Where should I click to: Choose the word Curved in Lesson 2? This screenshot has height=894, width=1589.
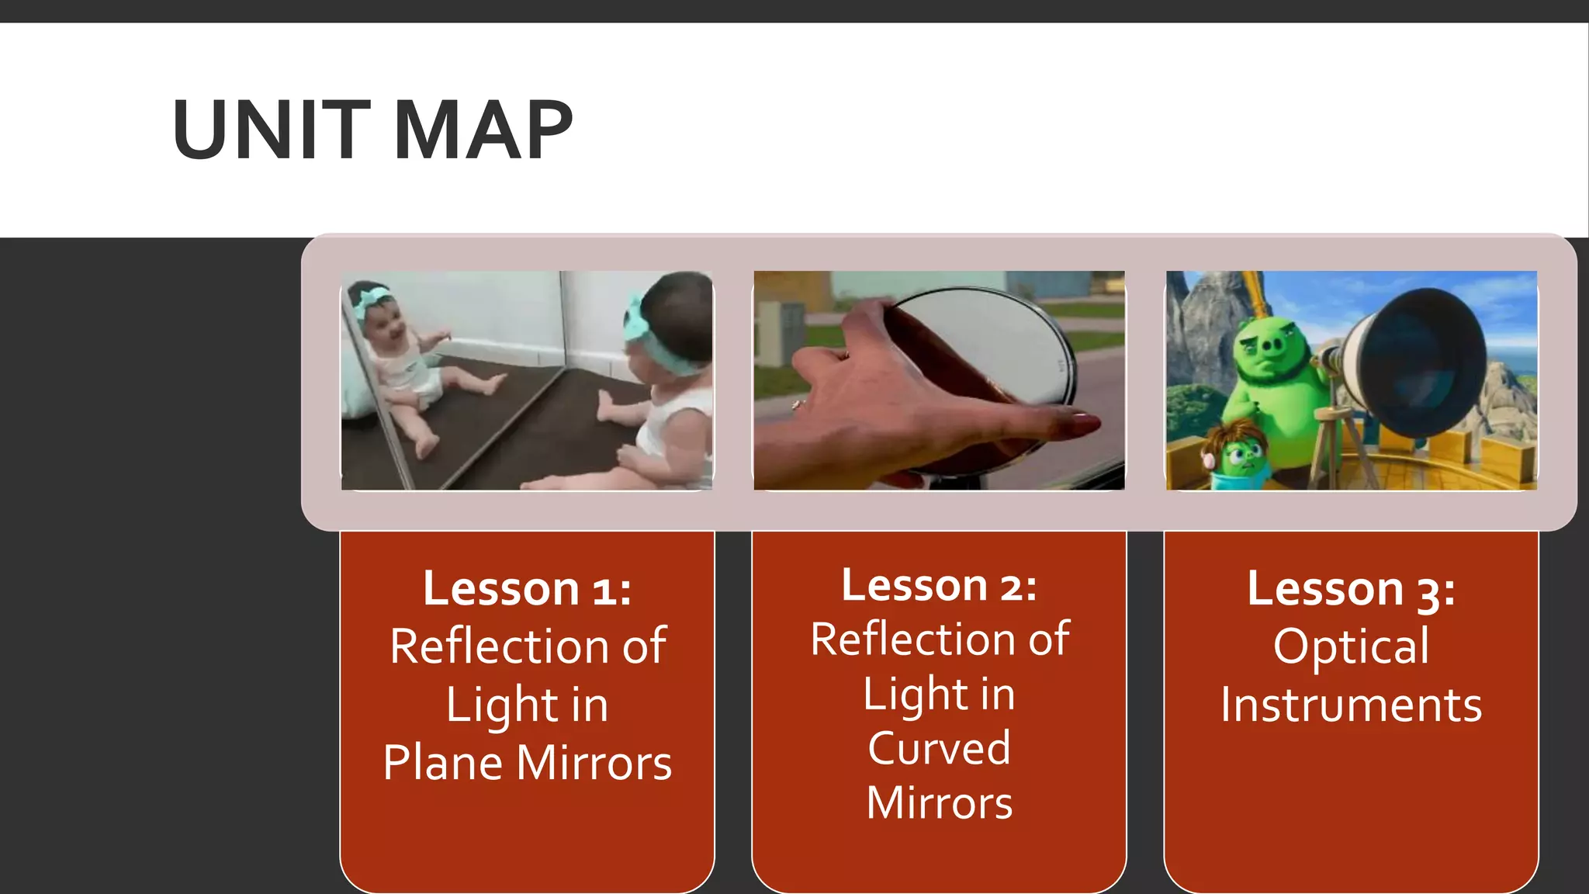[939, 748]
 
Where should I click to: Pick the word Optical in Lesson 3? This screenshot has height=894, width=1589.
[1351, 646]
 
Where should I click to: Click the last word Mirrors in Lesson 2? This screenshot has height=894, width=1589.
[939, 802]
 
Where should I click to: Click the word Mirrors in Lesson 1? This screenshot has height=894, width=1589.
[594, 762]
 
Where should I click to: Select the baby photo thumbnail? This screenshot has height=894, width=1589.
[527, 380]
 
